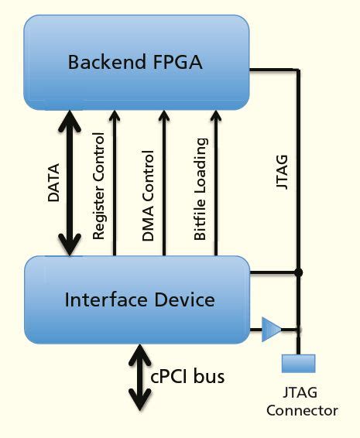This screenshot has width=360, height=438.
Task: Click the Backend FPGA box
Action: (x=136, y=62)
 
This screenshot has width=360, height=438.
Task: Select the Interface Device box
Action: (x=136, y=299)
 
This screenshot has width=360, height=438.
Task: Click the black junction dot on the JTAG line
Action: (x=299, y=272)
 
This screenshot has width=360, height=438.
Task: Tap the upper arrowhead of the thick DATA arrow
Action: (x=70, y=120)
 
